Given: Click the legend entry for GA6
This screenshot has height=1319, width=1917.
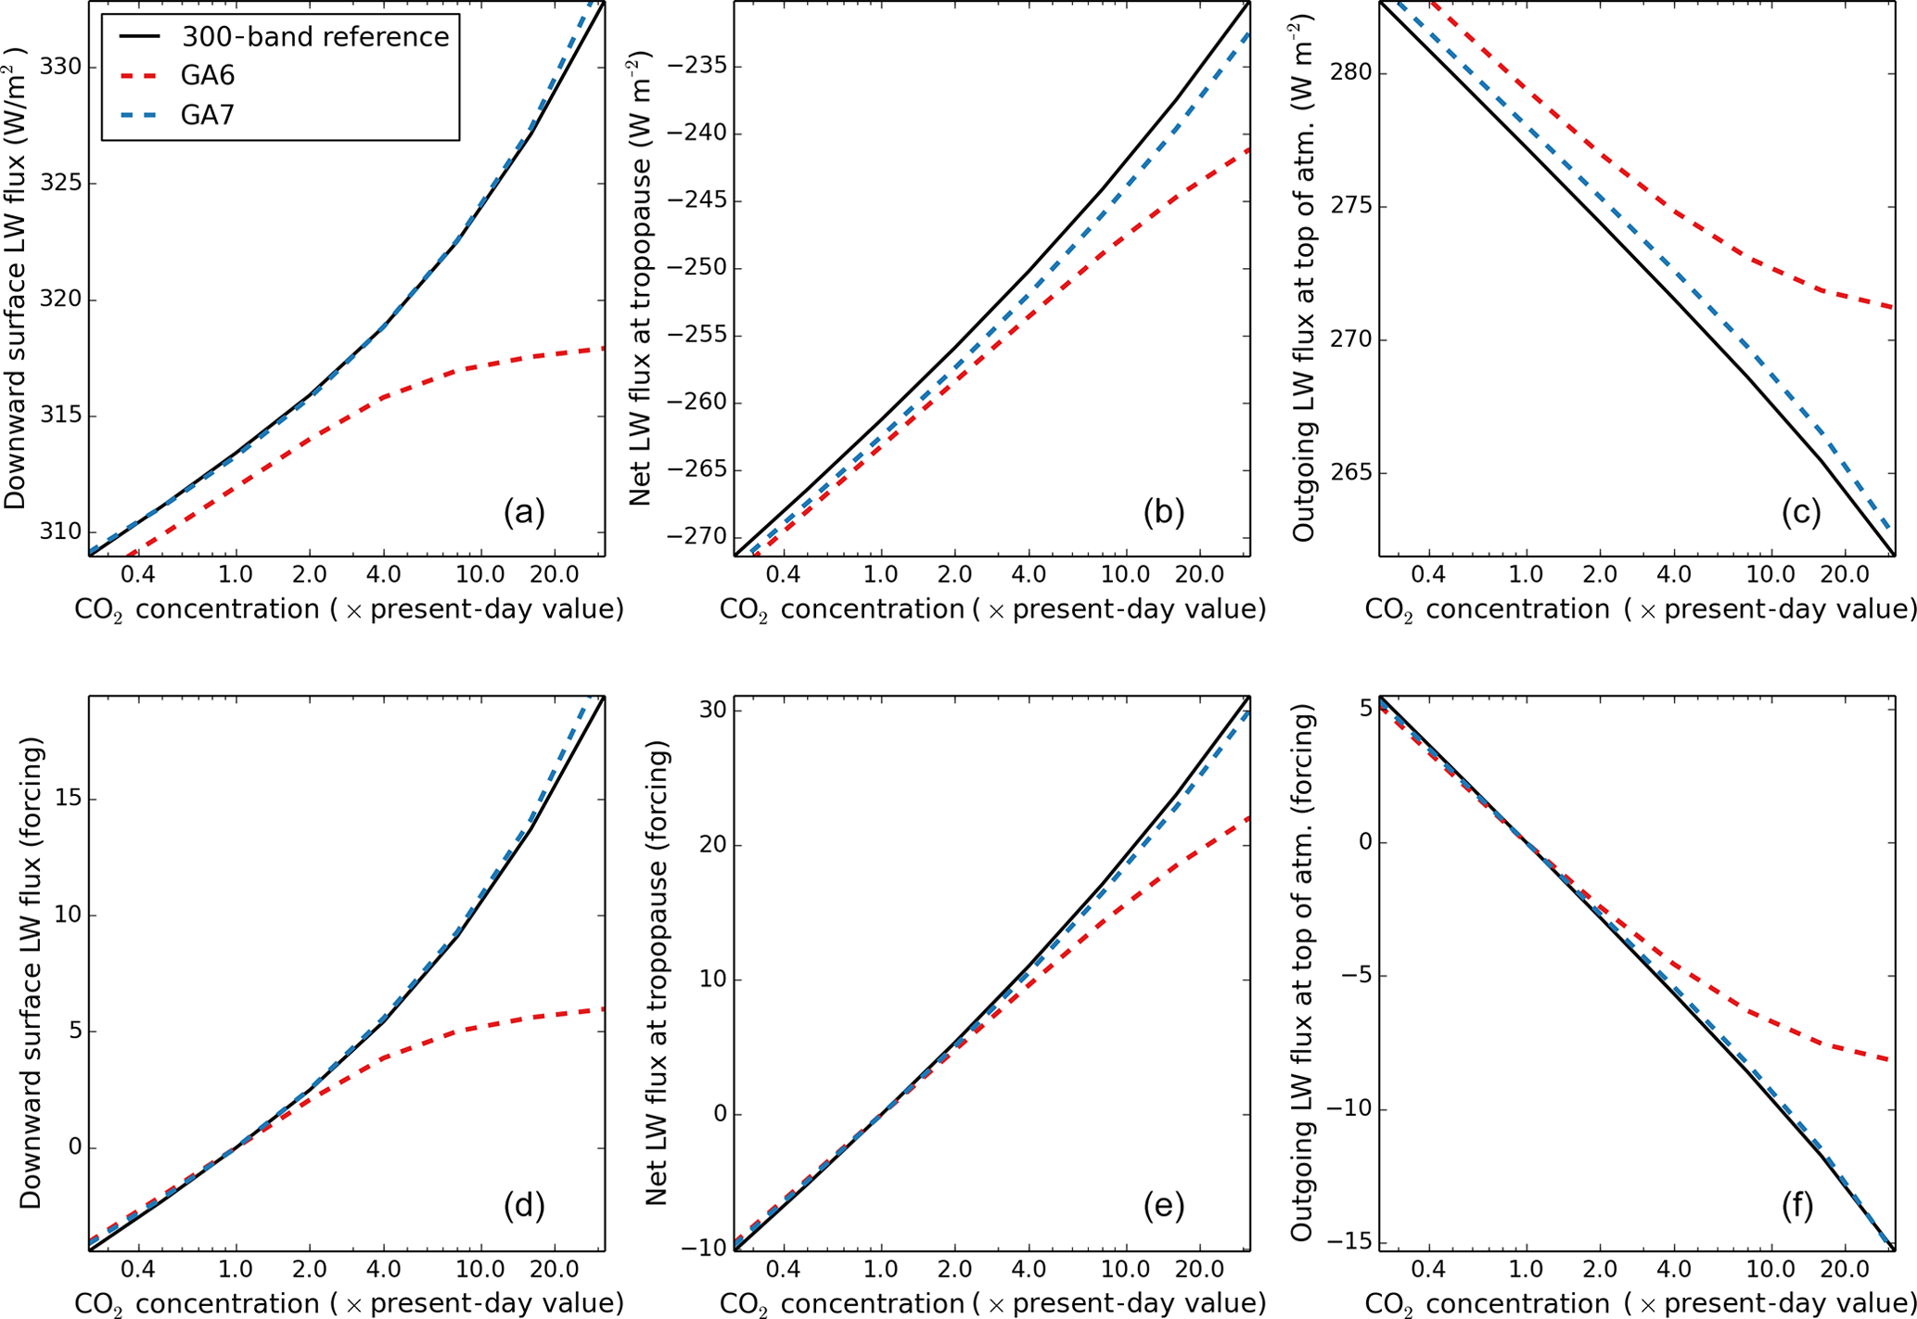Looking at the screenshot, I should pyautogui.click(x=208, y=76).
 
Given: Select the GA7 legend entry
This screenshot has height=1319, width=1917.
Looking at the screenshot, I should pyautogui.click(x=208, y=115).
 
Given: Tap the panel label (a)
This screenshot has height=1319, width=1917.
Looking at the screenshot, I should pyautogui.click(x=524, y=512).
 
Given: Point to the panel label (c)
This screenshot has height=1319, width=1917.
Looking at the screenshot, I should pyautogui.click(x=1801, y=512).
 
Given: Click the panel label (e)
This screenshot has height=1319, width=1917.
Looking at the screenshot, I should pyautogui.click(x=1164, y=1205).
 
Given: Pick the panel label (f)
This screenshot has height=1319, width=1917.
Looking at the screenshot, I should pyautogui.click(x=1797, y=1205).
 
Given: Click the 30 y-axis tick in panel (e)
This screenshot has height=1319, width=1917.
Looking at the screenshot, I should pyautogui.click(x=711, y=711).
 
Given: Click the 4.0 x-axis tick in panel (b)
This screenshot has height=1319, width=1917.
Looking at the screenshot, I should pyautogui.click(x=1029, y=574).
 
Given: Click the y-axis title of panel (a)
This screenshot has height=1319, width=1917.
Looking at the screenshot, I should pyautogui.click(x=16, y=278).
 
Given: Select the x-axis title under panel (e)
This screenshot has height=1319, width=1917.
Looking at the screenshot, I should pyautogui.click(x=992, y=1303).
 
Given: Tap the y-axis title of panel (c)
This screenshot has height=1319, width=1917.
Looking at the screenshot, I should pyautogui.click(x=1304, y=278).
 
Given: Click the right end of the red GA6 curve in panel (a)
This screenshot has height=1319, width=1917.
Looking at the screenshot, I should pyautogui.click(x=604, y=348).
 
